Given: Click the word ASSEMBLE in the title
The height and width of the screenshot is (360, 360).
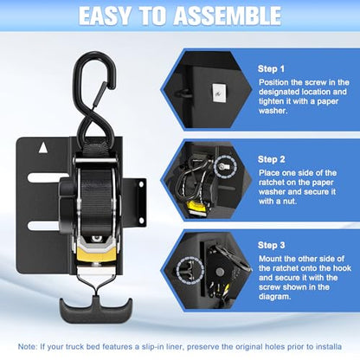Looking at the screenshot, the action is pos(227,16).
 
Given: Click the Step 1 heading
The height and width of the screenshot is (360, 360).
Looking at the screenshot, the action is pos(271,69).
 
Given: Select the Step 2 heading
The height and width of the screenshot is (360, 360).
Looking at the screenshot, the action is pos(272,159).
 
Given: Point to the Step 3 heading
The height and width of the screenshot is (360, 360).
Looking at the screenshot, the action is pos(272,245).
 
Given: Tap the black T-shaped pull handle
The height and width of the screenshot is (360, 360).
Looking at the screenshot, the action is pos(96,310).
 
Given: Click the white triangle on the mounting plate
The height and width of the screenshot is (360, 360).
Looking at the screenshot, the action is pos(43,147).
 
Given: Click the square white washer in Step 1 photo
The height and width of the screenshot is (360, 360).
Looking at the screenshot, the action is pos(218,93).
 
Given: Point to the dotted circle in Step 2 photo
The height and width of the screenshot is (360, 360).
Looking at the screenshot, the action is pos(226,166).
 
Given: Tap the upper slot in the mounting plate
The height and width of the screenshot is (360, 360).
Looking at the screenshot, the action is pos(47,177).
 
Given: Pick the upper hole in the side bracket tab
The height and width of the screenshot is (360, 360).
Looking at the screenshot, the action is pos(142,183).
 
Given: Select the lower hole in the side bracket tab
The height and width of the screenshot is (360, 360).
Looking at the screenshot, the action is pos(142,221).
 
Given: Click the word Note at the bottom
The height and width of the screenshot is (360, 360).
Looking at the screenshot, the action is pos(27,346).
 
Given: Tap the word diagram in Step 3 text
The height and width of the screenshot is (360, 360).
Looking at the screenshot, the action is pos(273,297).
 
